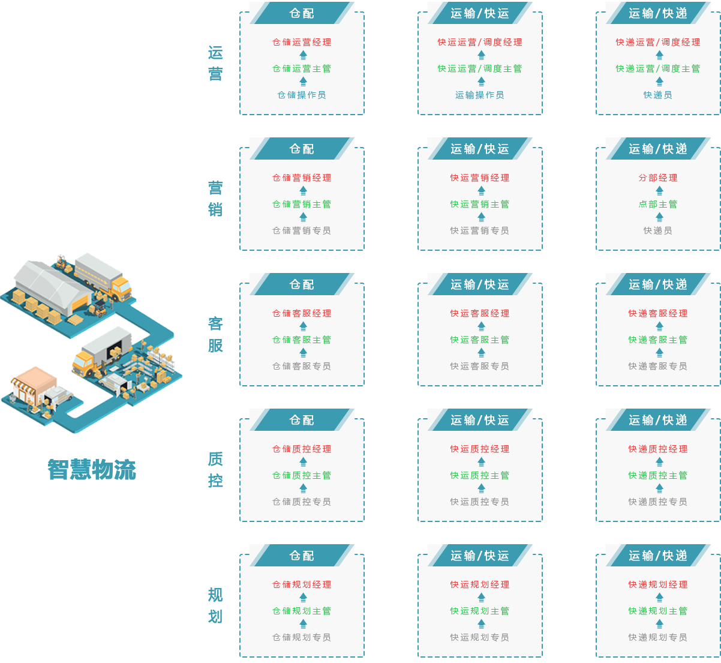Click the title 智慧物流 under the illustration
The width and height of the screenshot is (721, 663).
(92, 470)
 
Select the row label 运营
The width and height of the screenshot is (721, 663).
(215, 64)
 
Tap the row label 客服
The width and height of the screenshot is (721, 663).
(215, 335)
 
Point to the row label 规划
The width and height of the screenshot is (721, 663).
(215, 606)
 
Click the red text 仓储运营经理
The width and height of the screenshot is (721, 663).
(302, 43)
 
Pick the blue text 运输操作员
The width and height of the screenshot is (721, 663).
(479, 95)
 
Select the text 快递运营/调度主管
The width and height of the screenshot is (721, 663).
(657, 69)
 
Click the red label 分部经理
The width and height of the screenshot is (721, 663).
(658, 178)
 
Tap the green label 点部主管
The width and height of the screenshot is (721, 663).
(658, 205)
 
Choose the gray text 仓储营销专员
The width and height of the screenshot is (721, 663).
(302, 231)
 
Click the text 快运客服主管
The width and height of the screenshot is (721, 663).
(479, 340)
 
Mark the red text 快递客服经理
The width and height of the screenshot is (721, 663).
(657, 314)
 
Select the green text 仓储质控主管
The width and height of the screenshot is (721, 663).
(302, 476)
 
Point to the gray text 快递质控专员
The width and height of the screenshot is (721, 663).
(657, 502)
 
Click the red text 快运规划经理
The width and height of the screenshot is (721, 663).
(479, 585)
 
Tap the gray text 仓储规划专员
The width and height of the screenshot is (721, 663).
(302, 638)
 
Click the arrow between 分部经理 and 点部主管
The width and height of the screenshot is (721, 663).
(659, 191)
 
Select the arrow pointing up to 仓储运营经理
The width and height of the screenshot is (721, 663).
(303, 55)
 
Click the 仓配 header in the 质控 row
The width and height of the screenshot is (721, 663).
(302, 420)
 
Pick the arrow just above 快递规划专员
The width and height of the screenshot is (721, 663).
(659, 624)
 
